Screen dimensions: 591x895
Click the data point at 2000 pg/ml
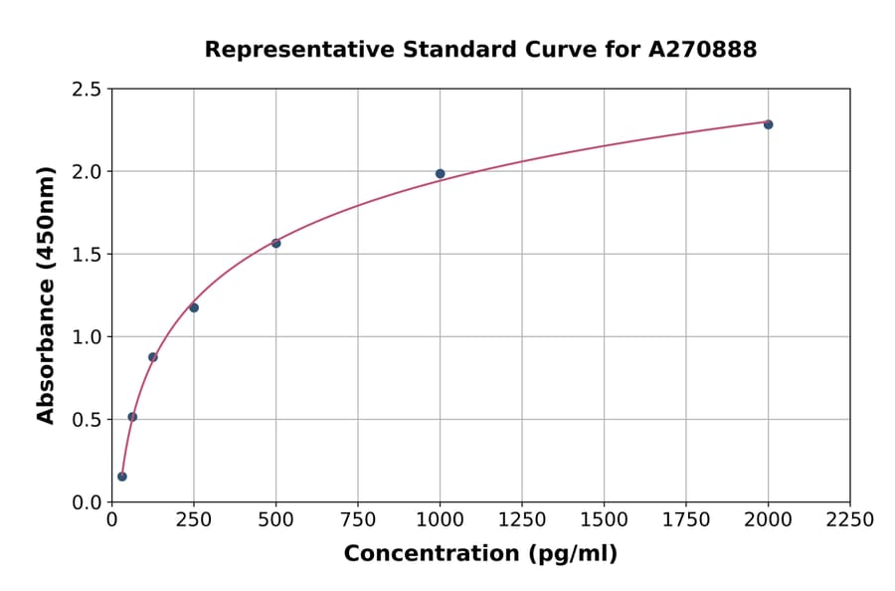click(768, 124)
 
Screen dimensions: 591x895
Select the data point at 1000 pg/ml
click(440, 173)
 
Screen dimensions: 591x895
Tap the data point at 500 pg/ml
click(275, 243)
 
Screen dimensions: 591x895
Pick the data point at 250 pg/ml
click(194, 307)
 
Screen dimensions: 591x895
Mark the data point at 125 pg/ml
click(153, 357)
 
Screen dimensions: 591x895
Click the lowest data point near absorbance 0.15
click(122, 477)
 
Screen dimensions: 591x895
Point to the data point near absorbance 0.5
click(132, 417)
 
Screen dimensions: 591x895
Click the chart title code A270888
click(703, 49)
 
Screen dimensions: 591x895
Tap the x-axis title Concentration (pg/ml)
click(480, 554)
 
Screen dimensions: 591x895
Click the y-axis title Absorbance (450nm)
click(46, 295)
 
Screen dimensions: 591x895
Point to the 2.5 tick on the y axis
click(88, 90)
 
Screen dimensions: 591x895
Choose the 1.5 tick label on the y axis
click(88, 255)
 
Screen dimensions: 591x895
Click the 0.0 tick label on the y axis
click(88, 502)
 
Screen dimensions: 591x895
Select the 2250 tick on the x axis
click(849, 520)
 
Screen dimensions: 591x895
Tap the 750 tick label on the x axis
click(358, 520)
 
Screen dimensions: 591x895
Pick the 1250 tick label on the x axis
click(521, 520)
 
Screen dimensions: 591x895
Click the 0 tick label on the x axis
click(111, 520)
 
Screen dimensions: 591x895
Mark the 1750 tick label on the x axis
click(685, 520)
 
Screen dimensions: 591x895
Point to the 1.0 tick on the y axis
click(88, 337)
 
